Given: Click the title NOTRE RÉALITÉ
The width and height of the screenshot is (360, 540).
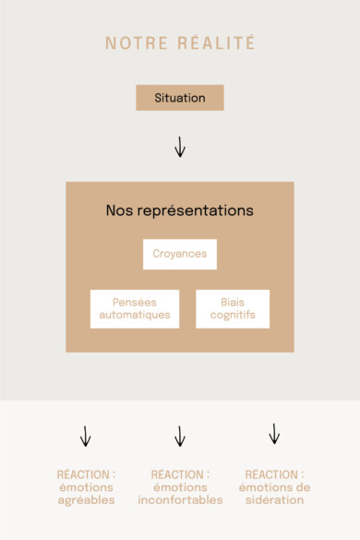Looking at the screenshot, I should click(180, 43).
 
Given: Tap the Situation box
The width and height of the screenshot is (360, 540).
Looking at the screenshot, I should click(180, 98).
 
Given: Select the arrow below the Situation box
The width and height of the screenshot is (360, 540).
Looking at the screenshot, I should click(180, 146).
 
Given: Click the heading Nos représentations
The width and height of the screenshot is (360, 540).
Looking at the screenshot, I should click(180, 210).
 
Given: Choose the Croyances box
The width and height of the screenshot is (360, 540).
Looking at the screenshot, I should click(180, 254).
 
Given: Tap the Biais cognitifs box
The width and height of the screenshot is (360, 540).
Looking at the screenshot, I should click(233, 308).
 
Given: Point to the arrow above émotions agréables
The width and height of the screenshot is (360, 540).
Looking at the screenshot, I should click(86, 436).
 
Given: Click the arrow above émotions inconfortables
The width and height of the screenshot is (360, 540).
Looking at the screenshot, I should click(180, 436).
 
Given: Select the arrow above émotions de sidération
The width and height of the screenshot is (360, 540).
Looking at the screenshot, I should click(274, 434).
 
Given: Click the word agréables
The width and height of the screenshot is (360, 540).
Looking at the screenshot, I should click(86, 500).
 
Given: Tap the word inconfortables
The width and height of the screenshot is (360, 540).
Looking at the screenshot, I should click(180, 500).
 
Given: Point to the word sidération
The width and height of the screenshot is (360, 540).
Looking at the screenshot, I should click(274, 500).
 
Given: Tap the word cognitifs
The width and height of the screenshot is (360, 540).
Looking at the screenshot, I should click(233, 315).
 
